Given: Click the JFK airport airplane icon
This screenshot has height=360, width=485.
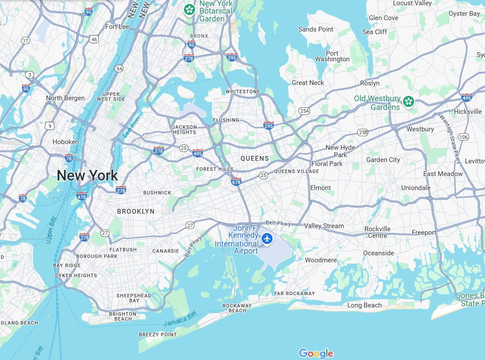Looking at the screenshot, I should click(x=267, y=239).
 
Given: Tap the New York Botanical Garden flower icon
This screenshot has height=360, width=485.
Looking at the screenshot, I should click(x=189, y=9).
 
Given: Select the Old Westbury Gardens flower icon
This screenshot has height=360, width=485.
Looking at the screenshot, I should click(x=408, y=102).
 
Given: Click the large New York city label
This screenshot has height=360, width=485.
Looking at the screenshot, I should click(x=87, y=176).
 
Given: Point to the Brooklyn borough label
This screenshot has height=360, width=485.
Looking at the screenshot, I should click(x=136, y=212).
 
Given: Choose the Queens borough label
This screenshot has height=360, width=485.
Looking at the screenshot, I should click(x=255, y=159).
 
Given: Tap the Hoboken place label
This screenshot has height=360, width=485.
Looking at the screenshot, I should click(x=66, y=142).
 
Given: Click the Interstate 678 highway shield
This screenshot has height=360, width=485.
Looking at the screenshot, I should click(x=236, y=181).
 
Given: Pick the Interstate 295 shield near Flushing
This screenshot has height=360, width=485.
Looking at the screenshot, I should click(x=269, y=126).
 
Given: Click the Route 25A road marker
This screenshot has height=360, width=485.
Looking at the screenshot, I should click(x=304, y=111).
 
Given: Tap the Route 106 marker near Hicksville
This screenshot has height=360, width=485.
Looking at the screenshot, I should click(x=464, y=137).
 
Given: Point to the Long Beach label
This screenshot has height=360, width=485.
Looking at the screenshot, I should click(x=365, y=305).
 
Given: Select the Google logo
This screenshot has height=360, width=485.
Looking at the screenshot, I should click(x=316, y=353).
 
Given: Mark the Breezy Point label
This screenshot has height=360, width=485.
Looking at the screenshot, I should click(x=158, y=335).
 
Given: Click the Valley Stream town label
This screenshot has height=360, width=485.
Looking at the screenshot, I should click(x=324, y=226).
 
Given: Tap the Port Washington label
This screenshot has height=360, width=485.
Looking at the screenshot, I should click(x=332, y=56).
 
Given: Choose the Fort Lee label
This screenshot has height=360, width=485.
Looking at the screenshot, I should click(x=117, y=27).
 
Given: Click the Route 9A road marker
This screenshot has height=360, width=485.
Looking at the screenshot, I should click(x=119, y=69).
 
